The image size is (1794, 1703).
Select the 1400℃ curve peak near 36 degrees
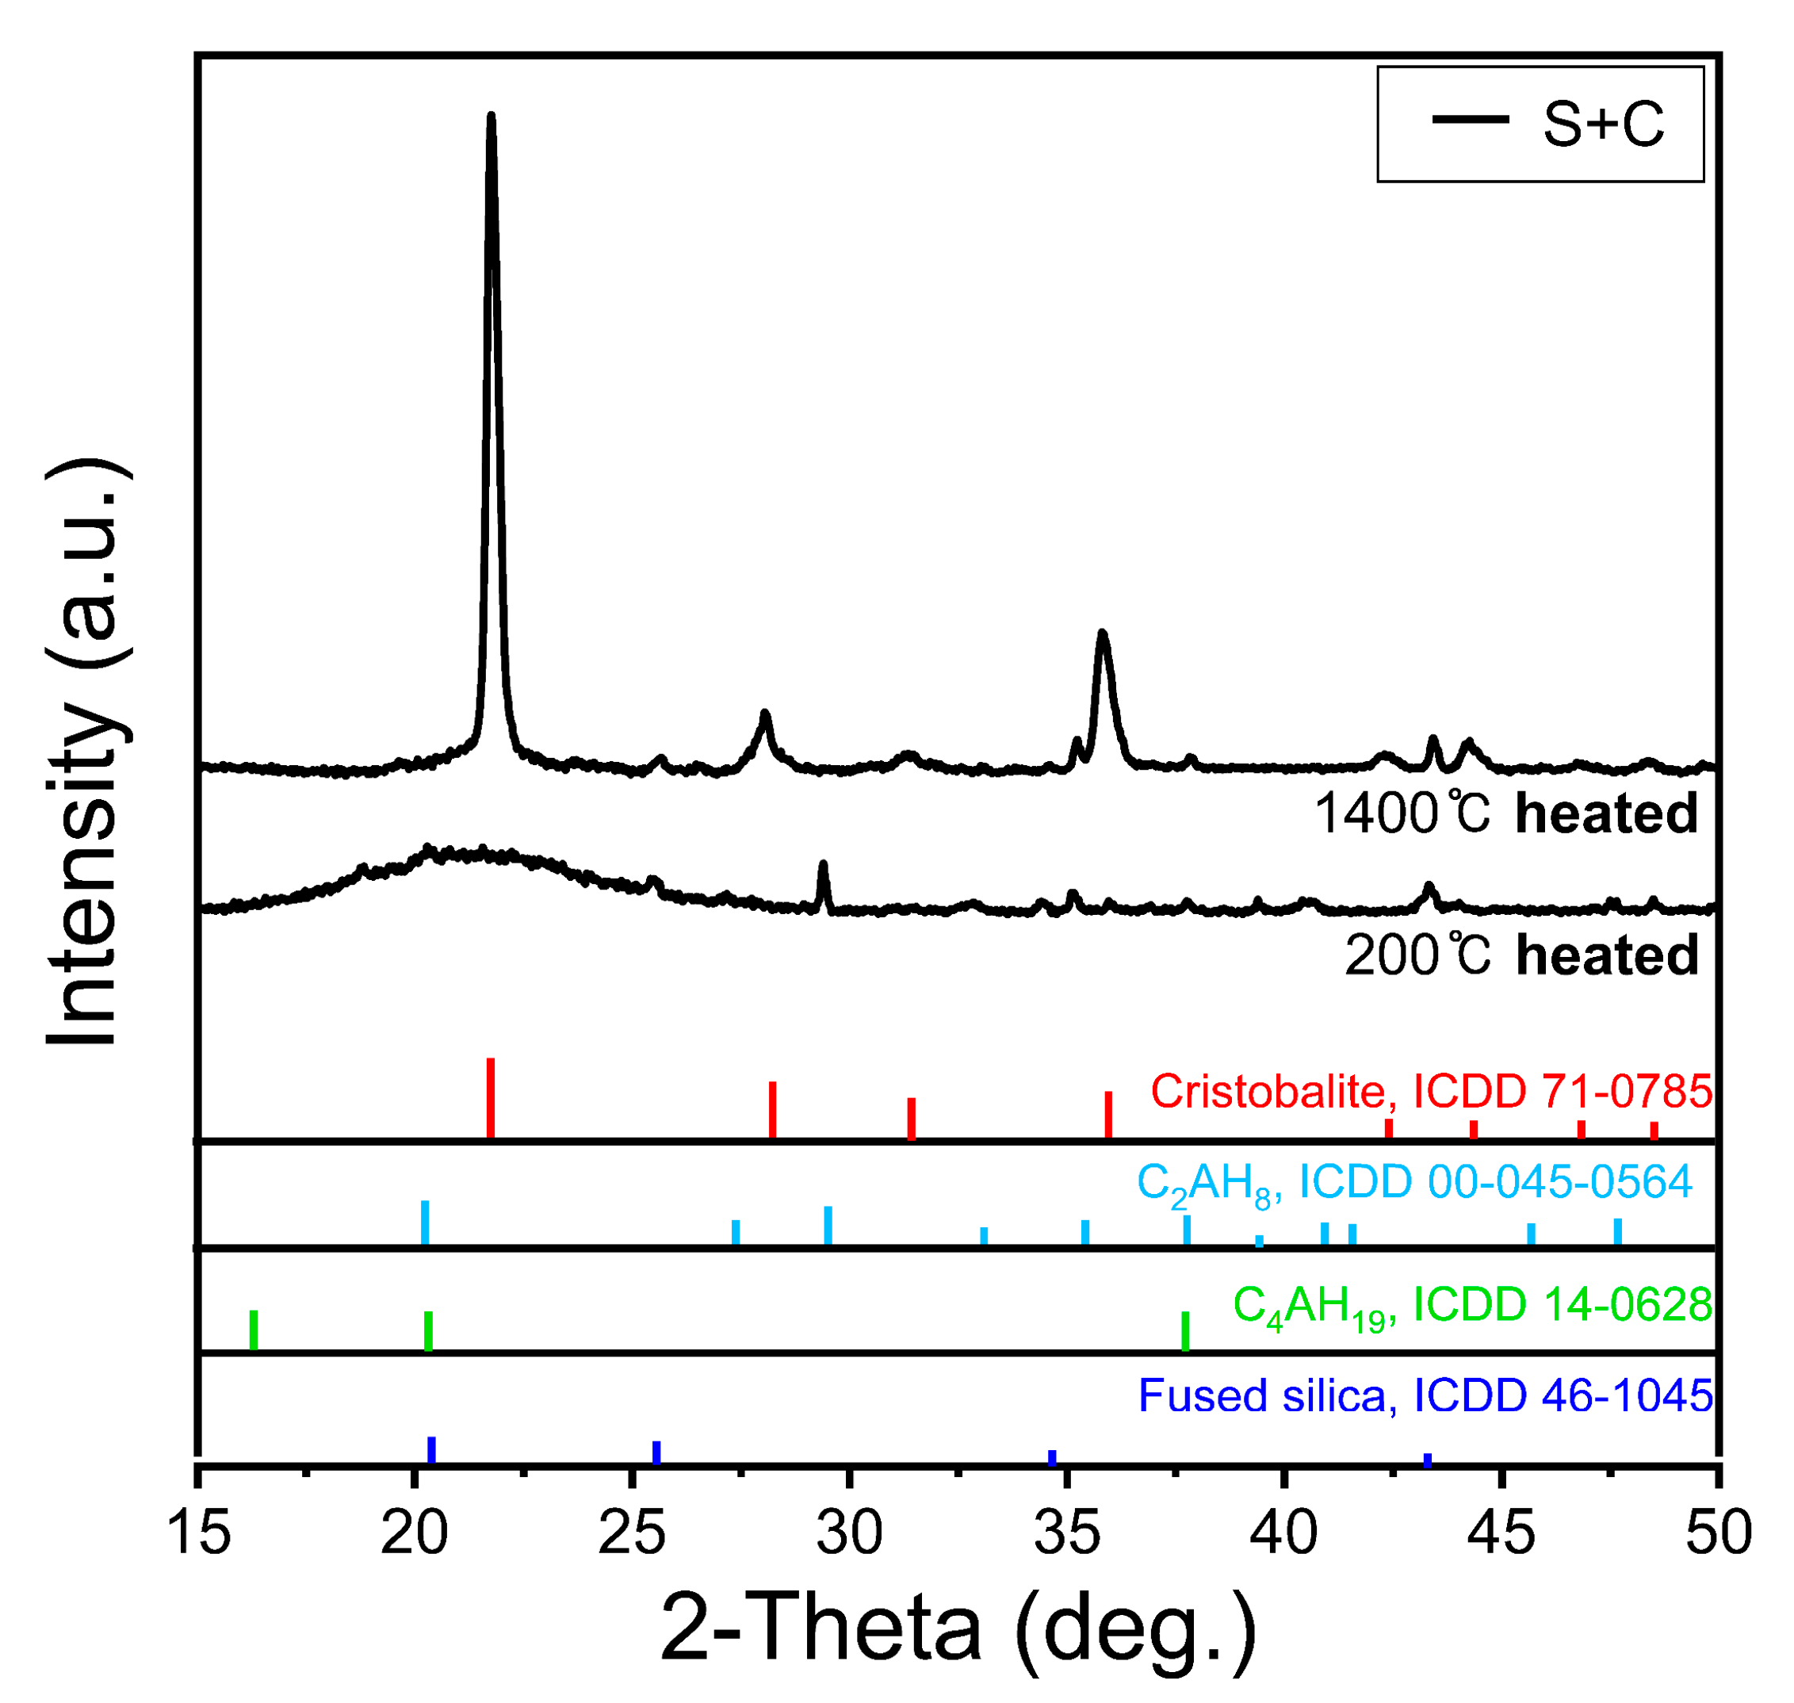click(1102, 633)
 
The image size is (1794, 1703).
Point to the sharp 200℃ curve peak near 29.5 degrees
click(823, 865)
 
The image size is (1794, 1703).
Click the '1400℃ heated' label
click(1505, 813)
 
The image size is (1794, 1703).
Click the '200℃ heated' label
click(1521, 956)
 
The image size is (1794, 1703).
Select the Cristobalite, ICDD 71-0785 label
click(1431, 1091)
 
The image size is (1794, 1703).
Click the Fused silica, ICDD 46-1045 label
click(1425, 1395)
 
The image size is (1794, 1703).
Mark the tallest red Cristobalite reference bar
click(490, 1096)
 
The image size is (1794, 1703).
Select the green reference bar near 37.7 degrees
click(1185, 1331)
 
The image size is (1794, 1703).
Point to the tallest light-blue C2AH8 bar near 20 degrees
click(425, 1222)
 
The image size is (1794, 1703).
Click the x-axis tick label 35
click(1068, 1534)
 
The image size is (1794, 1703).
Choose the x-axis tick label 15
click(199, 1534)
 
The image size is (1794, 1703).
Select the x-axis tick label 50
click(1718, 1534)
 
